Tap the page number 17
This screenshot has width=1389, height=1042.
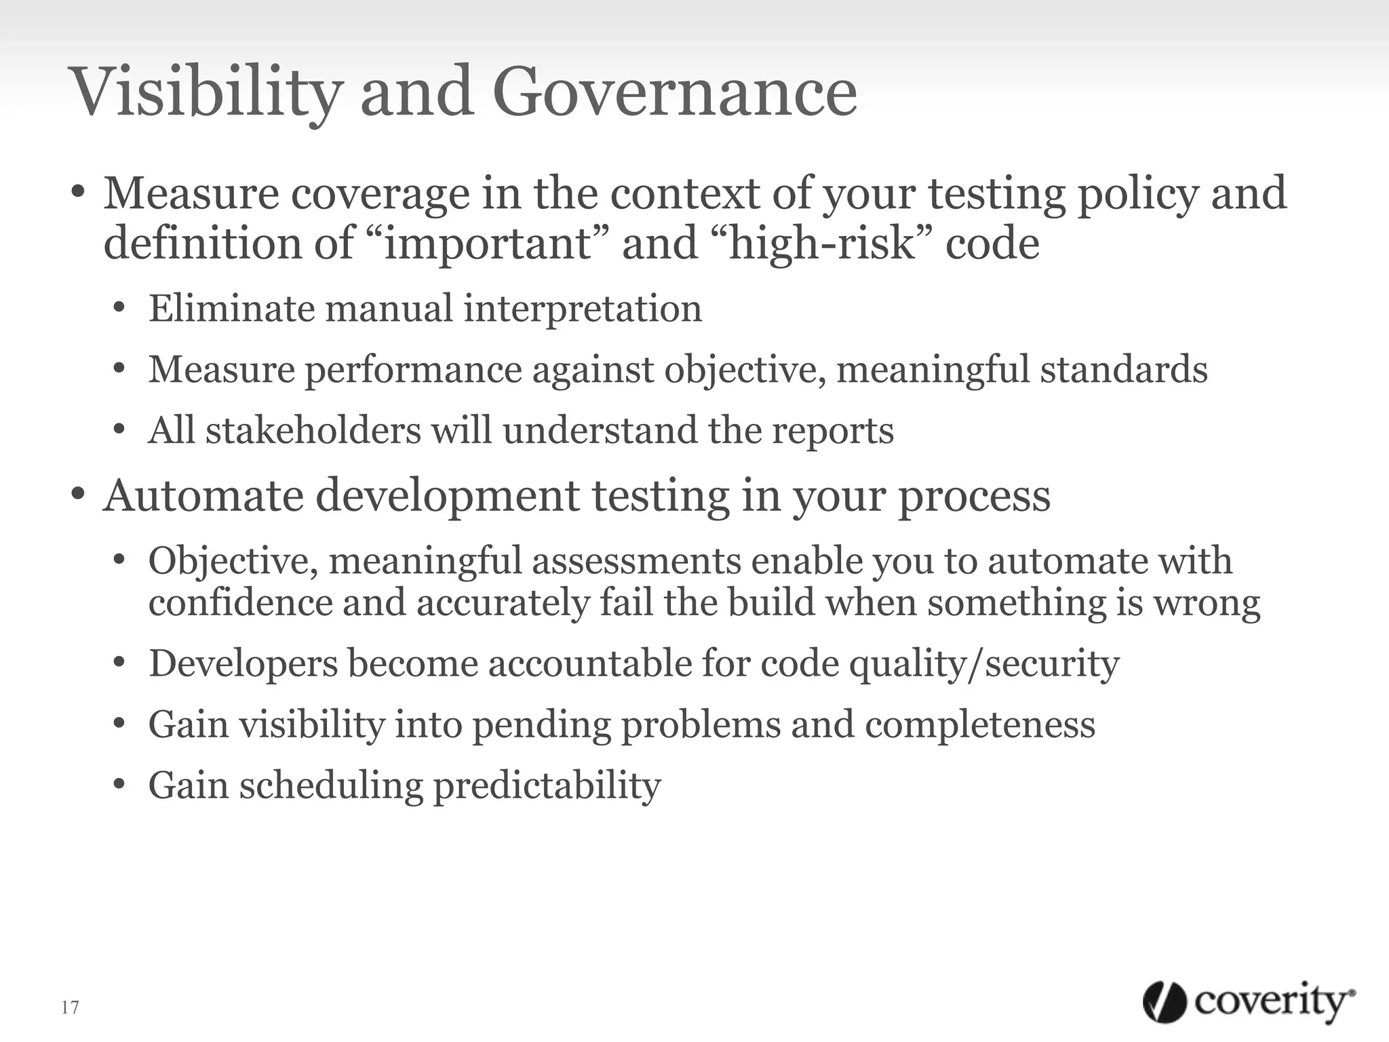[x=70, y=1007]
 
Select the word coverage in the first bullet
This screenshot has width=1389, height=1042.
[x=380, y=194]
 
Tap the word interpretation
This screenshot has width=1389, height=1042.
[x=583, y=309]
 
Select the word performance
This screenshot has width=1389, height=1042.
[x=413, y=370]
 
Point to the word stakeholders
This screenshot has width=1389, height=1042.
[x=313, y=431]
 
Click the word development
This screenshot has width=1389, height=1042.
[x=448, y=496]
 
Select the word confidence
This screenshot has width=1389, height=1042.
[x=241, y=602]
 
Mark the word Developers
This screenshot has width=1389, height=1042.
[x=243, y=663]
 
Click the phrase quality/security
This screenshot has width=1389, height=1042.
[x=984, y=663]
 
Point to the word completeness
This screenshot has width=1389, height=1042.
[x=980, y=725]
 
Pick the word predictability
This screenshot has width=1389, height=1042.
[x=547, y=786]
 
